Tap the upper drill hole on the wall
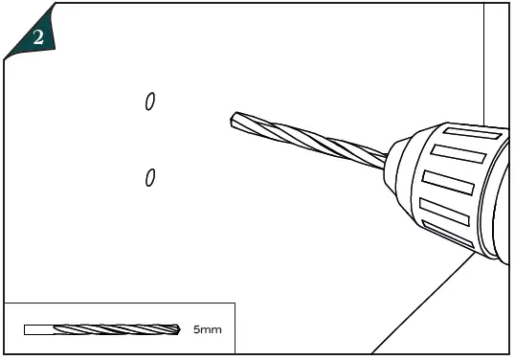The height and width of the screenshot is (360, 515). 150,101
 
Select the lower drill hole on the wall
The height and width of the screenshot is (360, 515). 150,178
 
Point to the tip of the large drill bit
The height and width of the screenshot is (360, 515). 234,121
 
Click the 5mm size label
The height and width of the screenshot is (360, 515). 207,329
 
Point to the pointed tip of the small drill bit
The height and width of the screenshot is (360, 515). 180,329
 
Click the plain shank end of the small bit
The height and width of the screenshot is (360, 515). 38,329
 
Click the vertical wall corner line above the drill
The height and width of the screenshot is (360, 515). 484,57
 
